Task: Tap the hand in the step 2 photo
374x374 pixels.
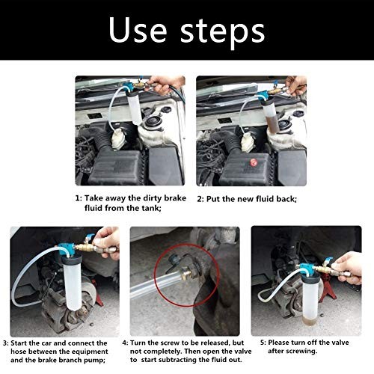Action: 295,83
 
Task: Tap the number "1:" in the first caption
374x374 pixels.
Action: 79,199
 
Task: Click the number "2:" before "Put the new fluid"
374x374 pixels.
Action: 200,199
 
